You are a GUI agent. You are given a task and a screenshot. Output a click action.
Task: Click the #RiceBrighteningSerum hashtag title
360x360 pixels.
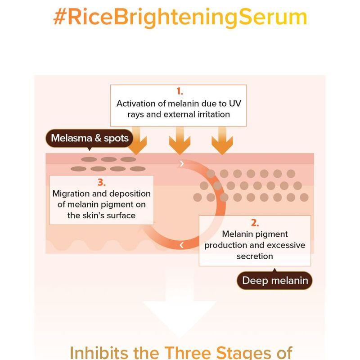pyautogui.click(x=180, y=17)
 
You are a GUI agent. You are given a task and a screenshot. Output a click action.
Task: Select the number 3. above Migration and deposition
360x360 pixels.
pyautogui.click(x=101, y=183)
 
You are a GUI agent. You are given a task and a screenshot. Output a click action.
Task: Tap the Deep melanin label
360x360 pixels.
pyautogui.click(x=275, y=281)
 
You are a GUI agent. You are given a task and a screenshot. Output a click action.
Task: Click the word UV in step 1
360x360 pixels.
pyautogui.click(x=235, y=103)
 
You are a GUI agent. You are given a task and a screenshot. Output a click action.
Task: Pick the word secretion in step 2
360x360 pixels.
pyautogui.click(x=255, y=256)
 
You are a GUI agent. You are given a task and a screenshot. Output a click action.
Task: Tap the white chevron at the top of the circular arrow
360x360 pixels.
pyautogui.click(x=182, y=164)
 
